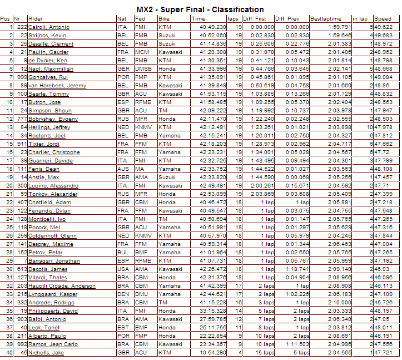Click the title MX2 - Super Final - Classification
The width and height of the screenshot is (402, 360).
coord(200,9)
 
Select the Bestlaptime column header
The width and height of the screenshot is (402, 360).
coord(326,18)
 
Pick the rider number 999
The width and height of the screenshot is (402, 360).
coord(22,77)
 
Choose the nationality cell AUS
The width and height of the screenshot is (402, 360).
coord(122,169)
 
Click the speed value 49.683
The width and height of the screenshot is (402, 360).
coord(383,35)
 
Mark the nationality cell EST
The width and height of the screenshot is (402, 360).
coord(122,328)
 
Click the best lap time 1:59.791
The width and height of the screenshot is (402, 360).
coord(339,27)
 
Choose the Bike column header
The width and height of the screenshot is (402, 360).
coord(163,18)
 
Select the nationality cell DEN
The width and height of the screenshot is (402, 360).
coord(122,294)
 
